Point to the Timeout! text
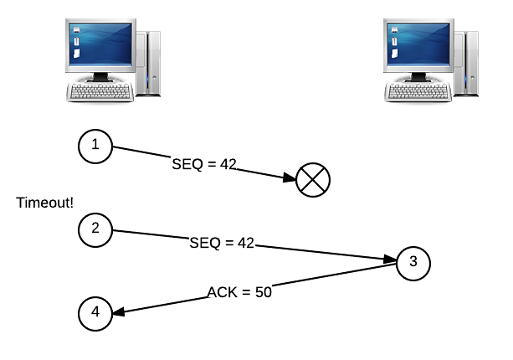click(x=45, y=203)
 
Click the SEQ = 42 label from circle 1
click(x=204, y=164)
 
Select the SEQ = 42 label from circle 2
click(x=222, y=243)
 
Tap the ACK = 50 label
click(x=239, y=292)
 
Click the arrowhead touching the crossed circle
click(x=290, y=177)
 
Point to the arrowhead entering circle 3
click(x=390, y=260)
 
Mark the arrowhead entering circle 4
click(x=119, y=312)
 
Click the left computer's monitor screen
click(x=100, y=44)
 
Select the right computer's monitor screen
click(x=418, y=44)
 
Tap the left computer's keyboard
click(x=100, y=91)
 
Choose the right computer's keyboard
click(x=418, y=91)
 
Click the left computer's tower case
click(x=148, y=64)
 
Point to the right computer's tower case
click(x=466, y=64)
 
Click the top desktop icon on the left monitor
click(x=76, y=30)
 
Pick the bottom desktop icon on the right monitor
click(x=394, y=54)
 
